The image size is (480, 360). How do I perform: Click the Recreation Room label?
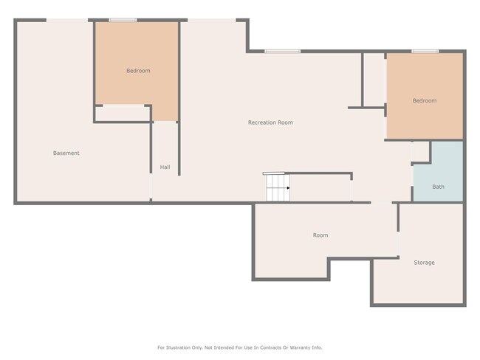[270, 122]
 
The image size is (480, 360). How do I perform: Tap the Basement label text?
[66, 153]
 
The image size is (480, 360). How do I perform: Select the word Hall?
[165, 167]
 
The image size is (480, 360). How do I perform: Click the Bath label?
[438, 187]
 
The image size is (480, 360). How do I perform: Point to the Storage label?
[424, 263]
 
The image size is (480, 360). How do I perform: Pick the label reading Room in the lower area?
[320, 235]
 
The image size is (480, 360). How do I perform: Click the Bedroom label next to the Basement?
[138, 71]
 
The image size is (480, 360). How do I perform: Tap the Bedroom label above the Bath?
[424, 101]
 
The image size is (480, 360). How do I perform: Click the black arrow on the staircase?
[287, 188]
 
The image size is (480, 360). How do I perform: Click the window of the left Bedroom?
[121, 21]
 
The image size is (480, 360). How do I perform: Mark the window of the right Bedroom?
[425, 52]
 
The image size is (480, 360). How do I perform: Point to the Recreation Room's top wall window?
[282, 52]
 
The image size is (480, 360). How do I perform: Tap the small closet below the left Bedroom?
[123, 113]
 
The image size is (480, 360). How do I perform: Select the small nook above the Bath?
[421, 151]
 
